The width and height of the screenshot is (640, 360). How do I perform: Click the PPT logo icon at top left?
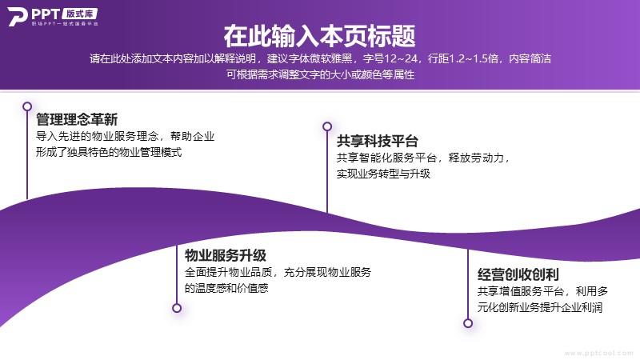[18, 16]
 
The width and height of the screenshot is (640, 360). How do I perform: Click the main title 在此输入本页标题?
[319, 36]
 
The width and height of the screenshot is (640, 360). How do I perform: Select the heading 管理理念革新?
[77, 119]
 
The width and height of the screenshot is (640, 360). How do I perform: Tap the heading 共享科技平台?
[378, 142]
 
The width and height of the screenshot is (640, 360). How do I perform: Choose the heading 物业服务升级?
[226, 255]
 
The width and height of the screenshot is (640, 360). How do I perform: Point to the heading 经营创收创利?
[518, 274]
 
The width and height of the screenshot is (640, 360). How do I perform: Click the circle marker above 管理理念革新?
[27, 106]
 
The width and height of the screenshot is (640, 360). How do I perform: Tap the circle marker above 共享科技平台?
[327, 126]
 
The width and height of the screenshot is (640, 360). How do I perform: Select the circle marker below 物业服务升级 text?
[177, 308]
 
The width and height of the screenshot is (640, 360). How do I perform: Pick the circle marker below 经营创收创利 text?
[468, 323]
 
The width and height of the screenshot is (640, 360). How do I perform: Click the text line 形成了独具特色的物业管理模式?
[109, 152]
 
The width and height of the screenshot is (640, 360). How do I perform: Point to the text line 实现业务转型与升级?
[383, 174]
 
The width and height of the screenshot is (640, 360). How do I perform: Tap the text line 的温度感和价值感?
[226, 288]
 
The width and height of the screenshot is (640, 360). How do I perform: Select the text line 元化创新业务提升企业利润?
[540, 307]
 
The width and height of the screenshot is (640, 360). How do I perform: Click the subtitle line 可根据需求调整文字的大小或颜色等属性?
[321, 74]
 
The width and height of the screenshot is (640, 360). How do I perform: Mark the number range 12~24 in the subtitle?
[401, 58]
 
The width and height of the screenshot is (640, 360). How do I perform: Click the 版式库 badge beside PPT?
[80, 14]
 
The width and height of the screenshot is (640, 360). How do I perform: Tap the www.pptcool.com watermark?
[598, 353]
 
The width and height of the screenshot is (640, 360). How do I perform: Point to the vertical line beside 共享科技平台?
[327, 172]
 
